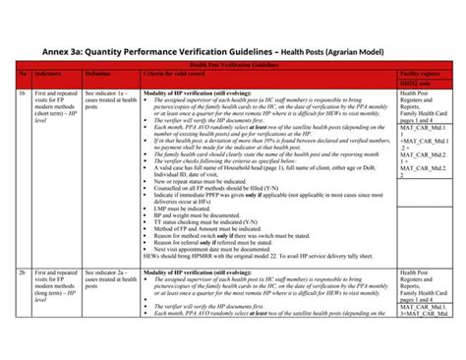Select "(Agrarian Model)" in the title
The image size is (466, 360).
click(350, 52)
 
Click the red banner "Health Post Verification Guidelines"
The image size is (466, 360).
click(233, 64)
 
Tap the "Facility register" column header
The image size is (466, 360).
click(423, 74)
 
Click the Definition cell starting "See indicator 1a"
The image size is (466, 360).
click(111, 101)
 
